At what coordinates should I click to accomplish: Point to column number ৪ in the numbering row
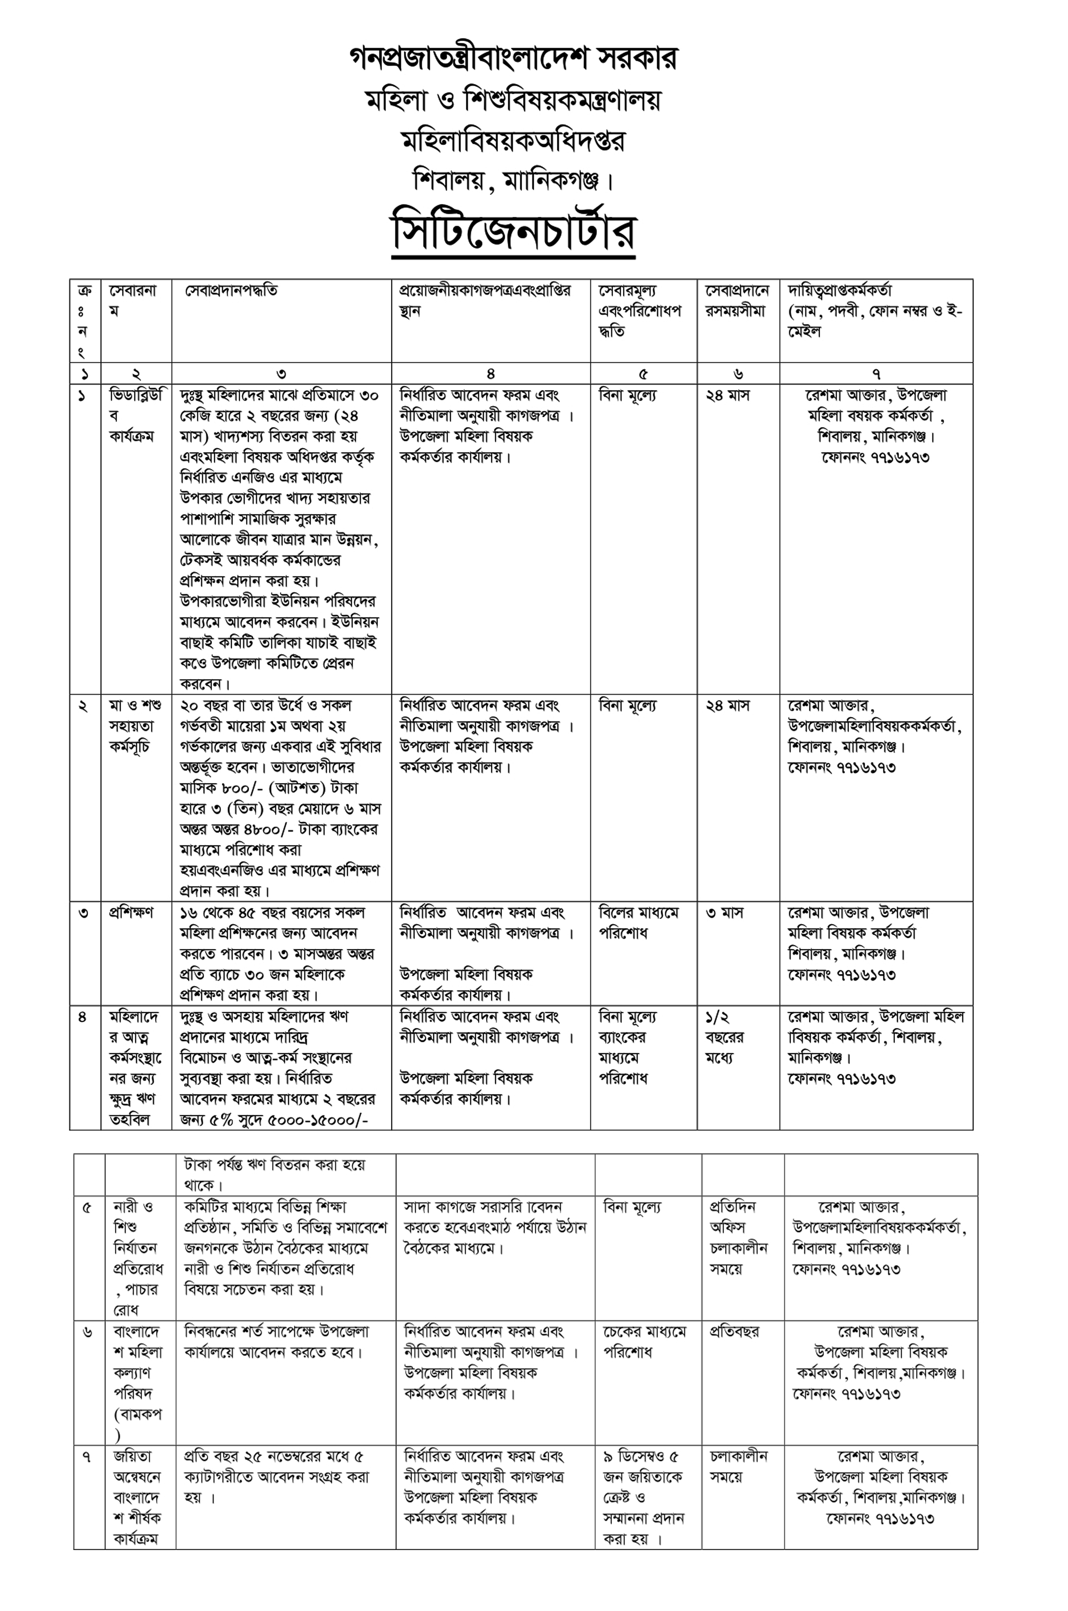point(490,373)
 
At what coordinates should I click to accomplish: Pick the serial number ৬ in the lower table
point(87,1332)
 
